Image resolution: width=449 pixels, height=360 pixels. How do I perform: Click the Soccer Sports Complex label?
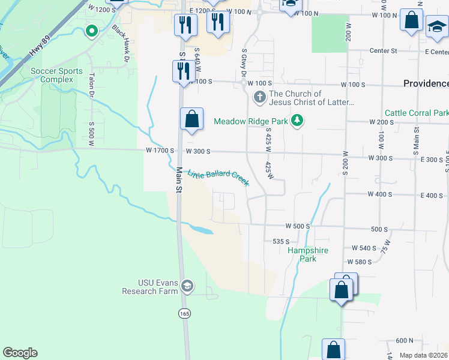[x=56, y=75]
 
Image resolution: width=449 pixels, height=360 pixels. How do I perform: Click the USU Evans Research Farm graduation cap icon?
[x=188, y=286]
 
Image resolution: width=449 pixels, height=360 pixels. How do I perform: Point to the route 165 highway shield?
[x=184, y=313]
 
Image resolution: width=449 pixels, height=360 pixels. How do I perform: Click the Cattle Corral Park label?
[x=416, y=113]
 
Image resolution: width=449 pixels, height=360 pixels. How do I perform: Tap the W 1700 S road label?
[x=159, y=152]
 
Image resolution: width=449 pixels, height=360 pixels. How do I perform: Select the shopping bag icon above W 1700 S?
[x=191, y=119]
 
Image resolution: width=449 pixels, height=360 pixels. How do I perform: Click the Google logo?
[x=20, y=353]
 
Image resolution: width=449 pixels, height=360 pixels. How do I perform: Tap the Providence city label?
[x=426, y=84]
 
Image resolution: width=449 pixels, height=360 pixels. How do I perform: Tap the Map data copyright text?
[x=424, y=355]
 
